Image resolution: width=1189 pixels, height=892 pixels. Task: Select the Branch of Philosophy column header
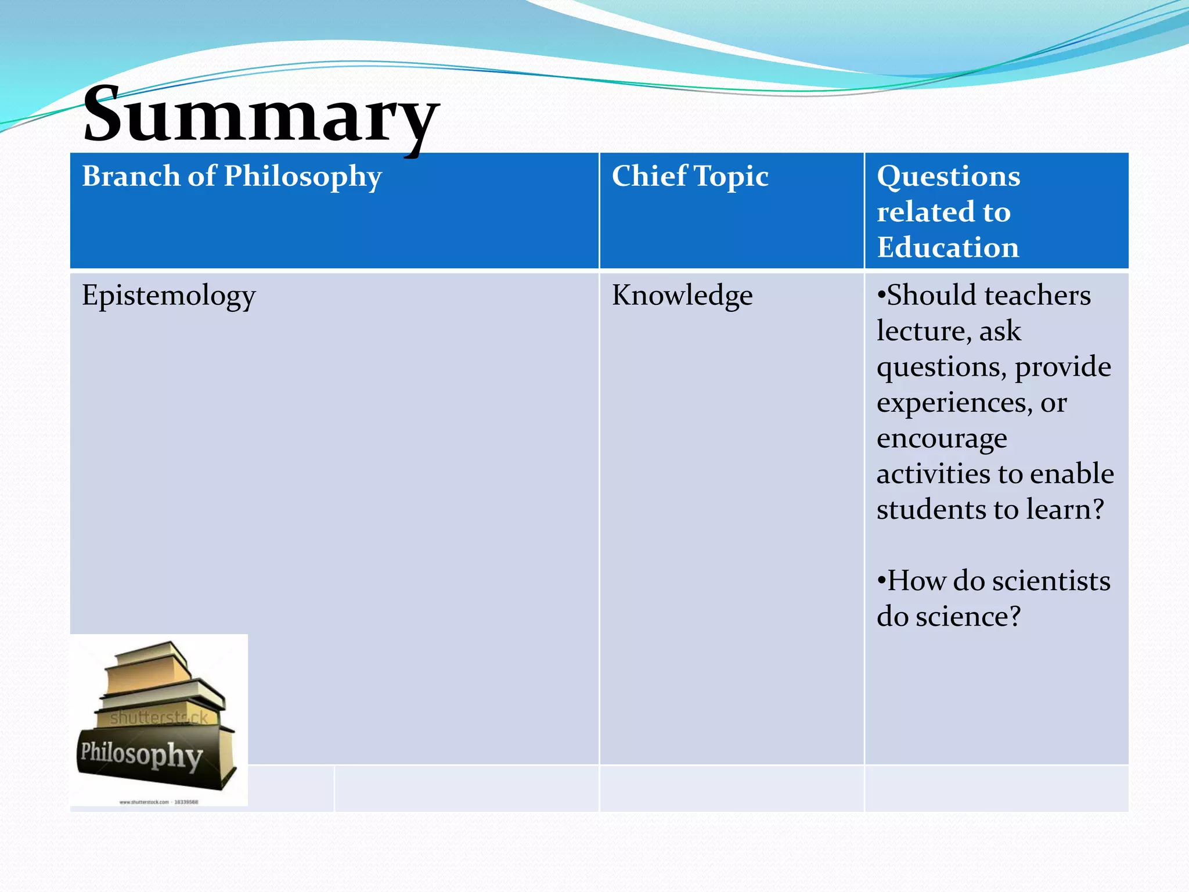click(232, 176)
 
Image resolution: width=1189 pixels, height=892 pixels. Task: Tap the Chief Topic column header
click(690, 176)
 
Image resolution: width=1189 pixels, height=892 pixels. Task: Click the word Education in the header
click(947, 247)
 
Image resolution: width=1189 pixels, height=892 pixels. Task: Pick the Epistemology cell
click(168, 296)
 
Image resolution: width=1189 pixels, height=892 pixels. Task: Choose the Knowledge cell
click(682, 296)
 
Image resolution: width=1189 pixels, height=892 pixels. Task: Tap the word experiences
click(952, 402)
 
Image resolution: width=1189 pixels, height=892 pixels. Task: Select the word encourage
click(941, 438)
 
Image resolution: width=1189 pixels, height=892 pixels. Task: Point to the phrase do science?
click(948, 616)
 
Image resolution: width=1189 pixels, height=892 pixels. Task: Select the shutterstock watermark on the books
click(158, 718)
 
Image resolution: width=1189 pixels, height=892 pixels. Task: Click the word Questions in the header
click(948, 176)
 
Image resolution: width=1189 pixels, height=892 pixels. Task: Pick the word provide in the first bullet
click(1062, 367)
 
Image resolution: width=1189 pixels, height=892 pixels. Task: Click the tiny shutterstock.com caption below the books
click(158, 802)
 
